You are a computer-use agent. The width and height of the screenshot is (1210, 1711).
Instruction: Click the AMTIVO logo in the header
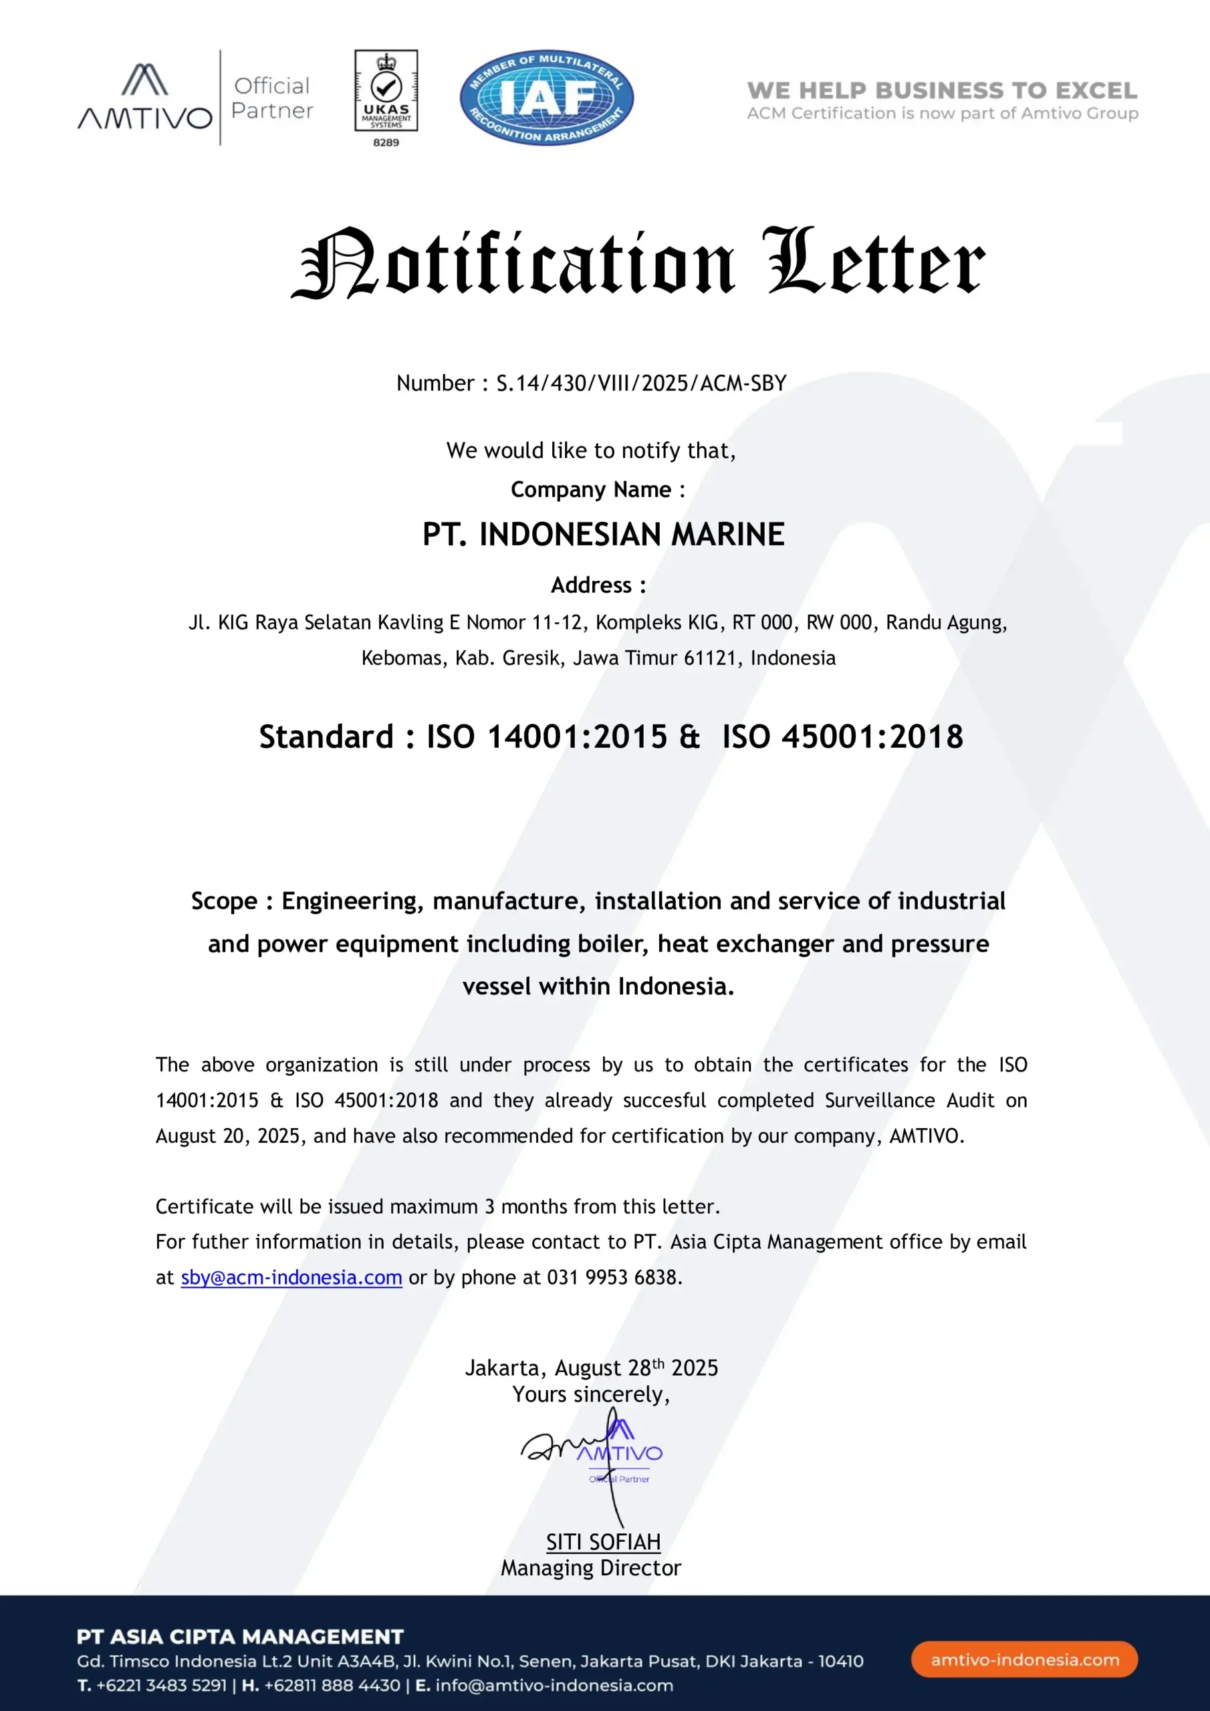(145, 98)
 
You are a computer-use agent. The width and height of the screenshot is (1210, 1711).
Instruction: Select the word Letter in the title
(874, 262)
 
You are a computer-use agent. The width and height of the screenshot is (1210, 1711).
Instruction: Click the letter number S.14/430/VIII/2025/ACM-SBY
(641, 383)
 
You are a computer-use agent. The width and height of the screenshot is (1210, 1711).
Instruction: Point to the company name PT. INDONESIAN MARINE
(603, 534)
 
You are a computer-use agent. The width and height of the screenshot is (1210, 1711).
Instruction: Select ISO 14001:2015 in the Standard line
(548, 737)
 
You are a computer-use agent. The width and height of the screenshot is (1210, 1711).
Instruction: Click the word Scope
(224, 901)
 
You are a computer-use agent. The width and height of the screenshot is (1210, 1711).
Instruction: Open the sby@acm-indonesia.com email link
(291, 1277)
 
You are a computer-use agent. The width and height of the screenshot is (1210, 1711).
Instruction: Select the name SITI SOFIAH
(603, 1542)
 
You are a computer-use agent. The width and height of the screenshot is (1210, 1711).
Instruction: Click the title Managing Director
(590, 1568)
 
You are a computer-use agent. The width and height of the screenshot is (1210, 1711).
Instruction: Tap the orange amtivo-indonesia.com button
(1024, 1660)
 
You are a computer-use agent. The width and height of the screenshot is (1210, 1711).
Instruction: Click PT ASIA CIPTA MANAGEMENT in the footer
(240, 1637)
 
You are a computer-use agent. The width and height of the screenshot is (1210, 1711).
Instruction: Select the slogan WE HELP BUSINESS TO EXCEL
(942, 91)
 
